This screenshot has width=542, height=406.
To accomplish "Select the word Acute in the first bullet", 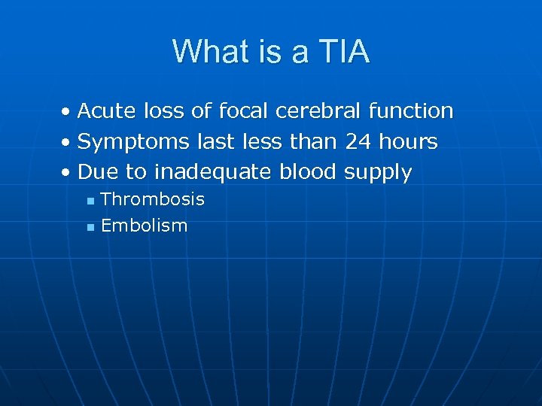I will point(107,111).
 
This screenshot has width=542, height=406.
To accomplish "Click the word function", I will point(411,111).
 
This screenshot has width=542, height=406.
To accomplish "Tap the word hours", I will point(409,141).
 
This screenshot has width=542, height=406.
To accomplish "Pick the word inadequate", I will point(212,172).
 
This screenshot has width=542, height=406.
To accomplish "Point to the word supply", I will point(378,173).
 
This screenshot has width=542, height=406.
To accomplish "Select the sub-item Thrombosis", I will point(153,199).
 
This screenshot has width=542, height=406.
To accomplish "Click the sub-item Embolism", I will point(144,226).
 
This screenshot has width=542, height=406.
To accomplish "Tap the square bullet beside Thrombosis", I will point(90,201).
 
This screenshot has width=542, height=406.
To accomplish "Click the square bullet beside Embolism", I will point(90,227).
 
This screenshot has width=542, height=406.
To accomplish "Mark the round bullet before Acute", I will point(67,113).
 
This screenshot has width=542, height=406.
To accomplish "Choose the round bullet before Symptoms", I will point(67,143).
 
